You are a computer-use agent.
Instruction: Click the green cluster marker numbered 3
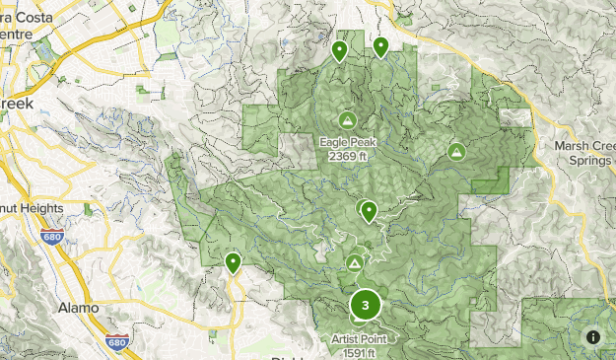[x=366, y=306]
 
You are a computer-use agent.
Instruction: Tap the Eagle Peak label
[x=346, y=141]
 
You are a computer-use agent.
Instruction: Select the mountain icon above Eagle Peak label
[x=347, y=120]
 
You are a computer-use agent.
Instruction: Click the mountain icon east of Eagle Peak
[x=456, y=152]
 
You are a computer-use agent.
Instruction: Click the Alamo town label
[x=78, y=308]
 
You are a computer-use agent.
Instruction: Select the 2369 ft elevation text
[x=346, y=156]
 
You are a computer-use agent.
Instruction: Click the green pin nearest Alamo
[x=233, y=262]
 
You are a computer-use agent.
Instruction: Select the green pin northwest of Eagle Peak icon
[x=339, y=50]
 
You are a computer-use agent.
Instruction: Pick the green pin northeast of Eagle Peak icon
[x=380, y=46]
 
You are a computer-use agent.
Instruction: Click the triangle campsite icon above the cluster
[x=355, y=263]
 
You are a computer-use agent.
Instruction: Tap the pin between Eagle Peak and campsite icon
[x=368, y=210]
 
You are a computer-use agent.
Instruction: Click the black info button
[x=593, y=336]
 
